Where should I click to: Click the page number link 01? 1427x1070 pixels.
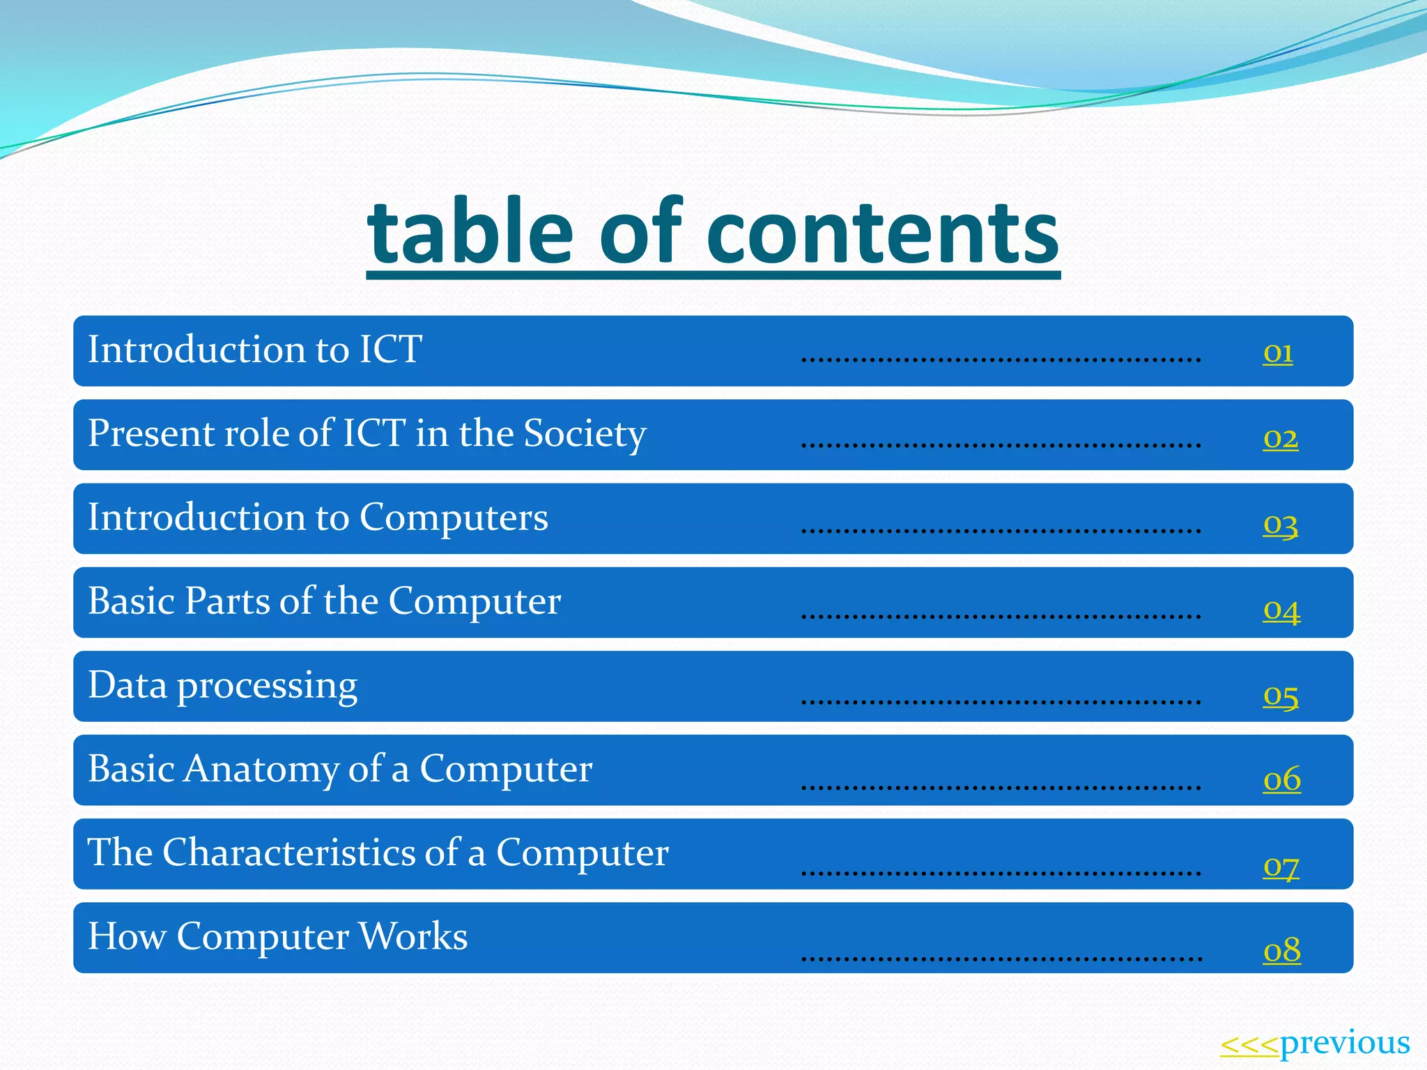tap(1278, 353)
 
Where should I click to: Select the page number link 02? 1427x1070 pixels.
tap(1281, 438)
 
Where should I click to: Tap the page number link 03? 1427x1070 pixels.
tap(1281, 523)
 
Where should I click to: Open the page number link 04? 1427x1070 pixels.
tap(1281, 610)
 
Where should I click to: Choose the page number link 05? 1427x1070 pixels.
tap(1281, 695)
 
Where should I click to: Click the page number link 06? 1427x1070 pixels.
tap(1282, 779)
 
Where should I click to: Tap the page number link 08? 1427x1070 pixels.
tap(1282, 950)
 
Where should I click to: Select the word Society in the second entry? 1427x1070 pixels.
tap(585, 435)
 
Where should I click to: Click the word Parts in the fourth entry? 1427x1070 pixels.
tap(227, 601)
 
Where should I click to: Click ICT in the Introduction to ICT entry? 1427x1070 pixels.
tap(390, 350)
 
